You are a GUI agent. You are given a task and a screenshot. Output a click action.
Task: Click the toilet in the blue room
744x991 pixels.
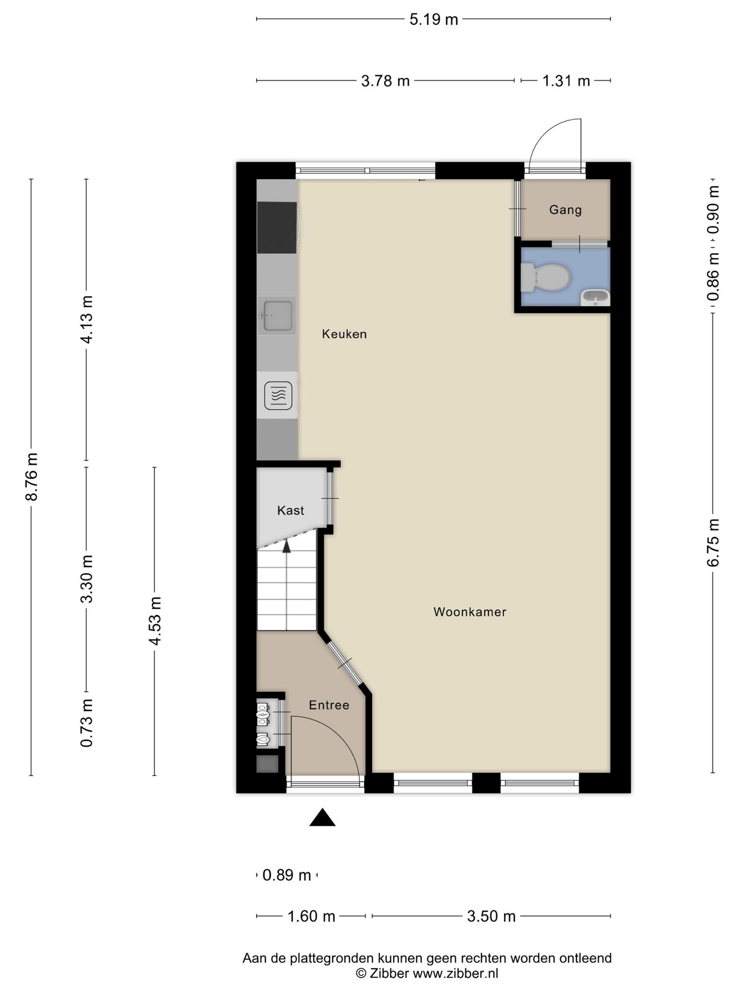[x=544, y=278]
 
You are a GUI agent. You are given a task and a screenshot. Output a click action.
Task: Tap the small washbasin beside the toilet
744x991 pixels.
[x=595, y=297]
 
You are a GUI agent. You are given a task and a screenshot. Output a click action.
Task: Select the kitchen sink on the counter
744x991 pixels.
[x=277, y=316]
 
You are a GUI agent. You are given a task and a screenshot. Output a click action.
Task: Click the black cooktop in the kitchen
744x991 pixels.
[x=277, y=227]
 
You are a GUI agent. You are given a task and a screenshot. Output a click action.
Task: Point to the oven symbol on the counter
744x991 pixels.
[x=278, y=395]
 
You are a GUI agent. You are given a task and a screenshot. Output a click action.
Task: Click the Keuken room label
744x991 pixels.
[x=344, y=334]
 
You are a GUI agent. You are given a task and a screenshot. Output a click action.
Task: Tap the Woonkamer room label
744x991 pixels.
[x=470, y=612]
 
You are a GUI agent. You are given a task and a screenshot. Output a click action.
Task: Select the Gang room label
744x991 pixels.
[x=565, y=210]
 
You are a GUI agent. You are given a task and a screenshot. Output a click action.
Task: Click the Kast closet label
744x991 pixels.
[x=291, y=511]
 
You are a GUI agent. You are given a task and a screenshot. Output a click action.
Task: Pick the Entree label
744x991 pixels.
[x=329, y=705]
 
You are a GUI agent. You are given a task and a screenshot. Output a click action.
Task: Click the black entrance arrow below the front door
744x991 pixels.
[x=323, y=817]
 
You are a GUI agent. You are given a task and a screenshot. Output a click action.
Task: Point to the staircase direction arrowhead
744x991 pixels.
[x=287, y=546]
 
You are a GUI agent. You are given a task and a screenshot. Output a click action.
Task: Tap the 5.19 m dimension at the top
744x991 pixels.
[x=434, y=19]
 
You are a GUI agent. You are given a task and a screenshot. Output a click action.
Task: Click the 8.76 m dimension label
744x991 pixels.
[x=32, y=477]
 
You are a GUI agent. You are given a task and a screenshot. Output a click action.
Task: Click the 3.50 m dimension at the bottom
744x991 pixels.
[x=491, y=916]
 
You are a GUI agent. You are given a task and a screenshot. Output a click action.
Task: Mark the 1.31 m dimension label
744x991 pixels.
[x=566, y=81]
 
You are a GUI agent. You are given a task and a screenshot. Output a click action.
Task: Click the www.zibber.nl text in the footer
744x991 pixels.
[x=455, y=973]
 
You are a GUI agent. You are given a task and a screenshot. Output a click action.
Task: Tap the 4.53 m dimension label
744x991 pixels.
[x=155, y=621]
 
